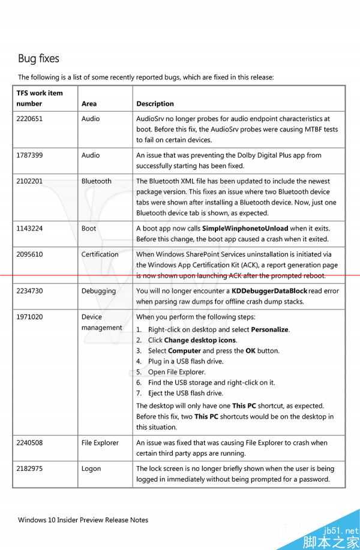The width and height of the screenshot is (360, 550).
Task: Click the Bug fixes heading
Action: [x=38, y=58]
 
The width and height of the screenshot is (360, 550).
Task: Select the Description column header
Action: [x=155, y=104]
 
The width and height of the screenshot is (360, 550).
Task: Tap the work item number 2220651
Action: [x=29, y=119]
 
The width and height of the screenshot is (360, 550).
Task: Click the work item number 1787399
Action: [x=29, y=155]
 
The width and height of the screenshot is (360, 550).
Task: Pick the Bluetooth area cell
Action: [x=96, y=181]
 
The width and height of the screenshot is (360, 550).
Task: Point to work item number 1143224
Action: [x=29, y=229]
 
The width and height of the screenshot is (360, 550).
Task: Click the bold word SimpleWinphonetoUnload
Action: [x=245, y=229]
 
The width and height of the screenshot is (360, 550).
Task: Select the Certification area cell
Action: [x=100, y=254]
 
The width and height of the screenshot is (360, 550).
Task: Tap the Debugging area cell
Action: [x=98, y=291]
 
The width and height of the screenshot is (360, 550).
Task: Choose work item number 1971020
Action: [x=29, y=317]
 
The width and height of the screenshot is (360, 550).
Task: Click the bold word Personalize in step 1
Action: [x=270, y=329]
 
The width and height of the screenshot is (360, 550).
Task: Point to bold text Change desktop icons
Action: [x=200, y=340]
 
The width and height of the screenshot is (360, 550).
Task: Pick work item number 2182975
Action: [x=29, y=468]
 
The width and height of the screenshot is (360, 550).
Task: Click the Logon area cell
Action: [x=91, y=468]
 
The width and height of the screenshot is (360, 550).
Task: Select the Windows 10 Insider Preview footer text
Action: [x=83, y=520]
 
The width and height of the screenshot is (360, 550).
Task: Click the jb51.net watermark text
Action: [x=340, y=530]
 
